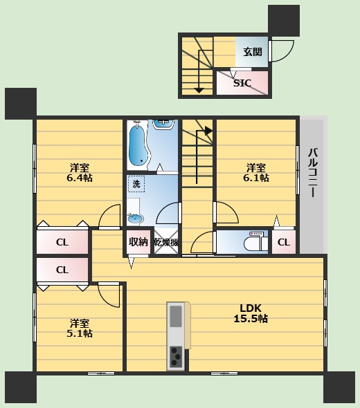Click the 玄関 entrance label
click(x=253, y=52)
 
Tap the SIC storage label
click(x=242, y=83)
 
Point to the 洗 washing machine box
click(x=136, y=184)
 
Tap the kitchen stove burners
click(x=176, y=356)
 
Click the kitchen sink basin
click(x=176, y=316)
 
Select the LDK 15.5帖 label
click(x=251, y=313)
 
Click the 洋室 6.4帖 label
click(x=80, y=172)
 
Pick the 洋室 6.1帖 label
click(x=256, y=172)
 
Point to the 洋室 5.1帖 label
click(x=80, y=328)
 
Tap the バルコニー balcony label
click(x=314, y=172)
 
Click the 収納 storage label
click(x=138, y=242)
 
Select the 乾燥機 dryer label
click(x=166, y=242)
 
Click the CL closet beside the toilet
click(x=284, y=242)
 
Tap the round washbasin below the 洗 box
click(x=136, y=219)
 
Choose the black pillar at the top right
click(x=284, y=21)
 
